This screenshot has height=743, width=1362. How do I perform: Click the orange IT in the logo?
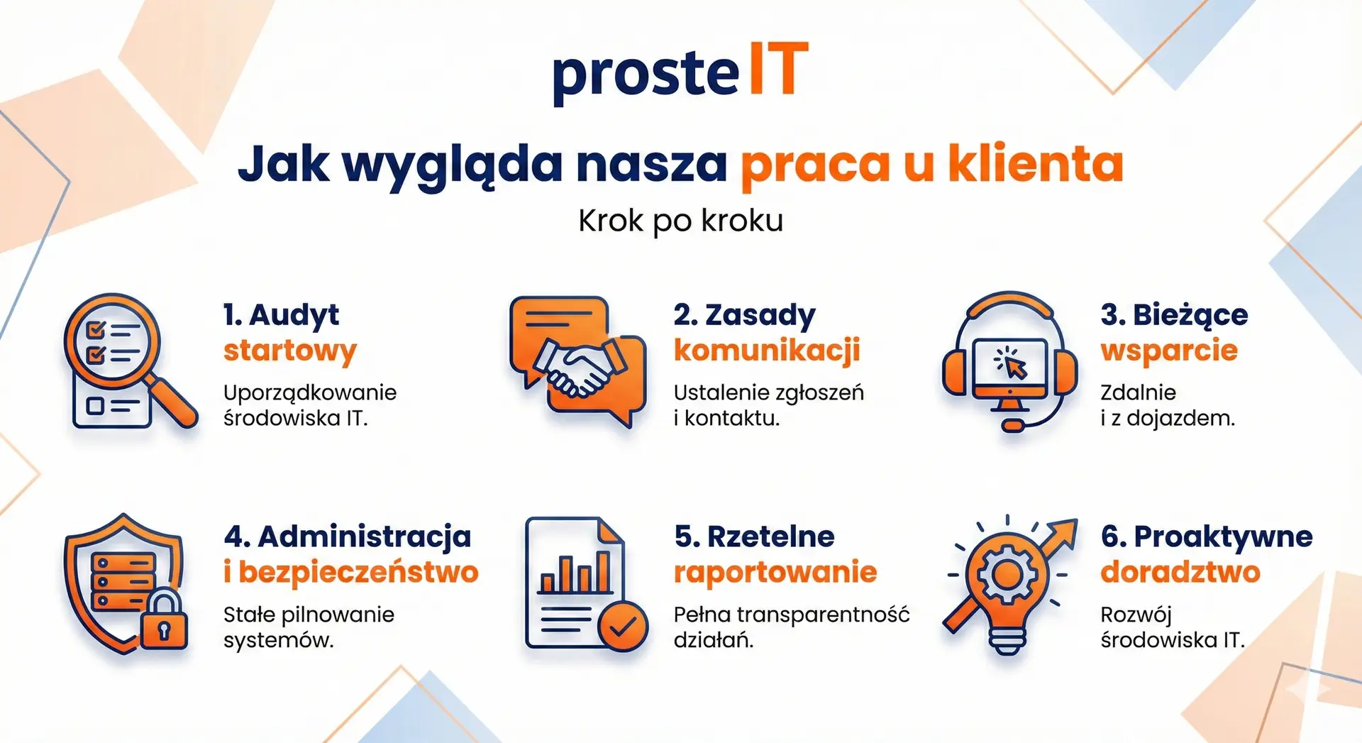[779, 68]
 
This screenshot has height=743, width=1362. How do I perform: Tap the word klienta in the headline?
[1036, 164]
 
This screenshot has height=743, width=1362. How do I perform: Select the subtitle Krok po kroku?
[681, 221]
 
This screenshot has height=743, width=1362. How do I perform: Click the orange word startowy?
[289, 351]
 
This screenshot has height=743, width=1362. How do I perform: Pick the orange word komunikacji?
[767, 350]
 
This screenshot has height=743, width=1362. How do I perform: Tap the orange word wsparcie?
[1169, 351]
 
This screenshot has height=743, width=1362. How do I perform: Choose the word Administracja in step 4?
[365, 536]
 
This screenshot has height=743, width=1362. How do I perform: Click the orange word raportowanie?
[775, 572]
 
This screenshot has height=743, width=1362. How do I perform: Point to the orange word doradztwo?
[1180, 572]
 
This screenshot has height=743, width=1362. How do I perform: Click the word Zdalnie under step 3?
[1138, 392]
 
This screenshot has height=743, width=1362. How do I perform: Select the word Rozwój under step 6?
[1136, 616]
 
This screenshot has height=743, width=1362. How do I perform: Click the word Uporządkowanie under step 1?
[310, 394]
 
